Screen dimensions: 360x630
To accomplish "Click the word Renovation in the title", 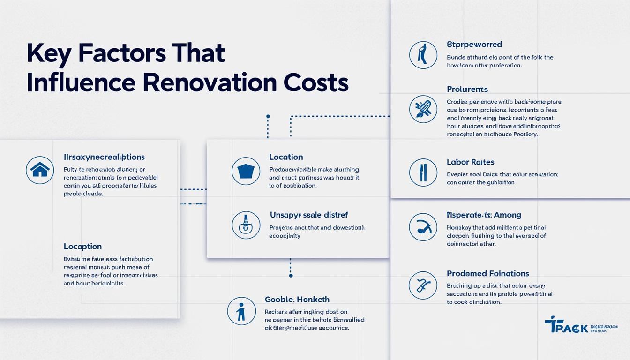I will click(x=209, y=83).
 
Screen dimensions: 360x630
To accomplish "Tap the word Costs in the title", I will click(x=316, y=83).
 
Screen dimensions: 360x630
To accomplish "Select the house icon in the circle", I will click(x=40, y=170).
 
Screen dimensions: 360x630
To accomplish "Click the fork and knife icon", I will click(x=423, y=172).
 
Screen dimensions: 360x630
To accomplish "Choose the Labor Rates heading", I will click(x=471, y=162).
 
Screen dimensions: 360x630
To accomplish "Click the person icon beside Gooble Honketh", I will click(x=241, y=311).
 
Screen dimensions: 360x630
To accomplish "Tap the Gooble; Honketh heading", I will click(x=297, y=300).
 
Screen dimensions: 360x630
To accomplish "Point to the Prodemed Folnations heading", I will click(x=488, y=274).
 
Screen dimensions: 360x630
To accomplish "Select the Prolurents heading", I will click(x=467, y=90).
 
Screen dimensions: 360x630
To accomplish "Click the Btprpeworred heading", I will click(x=474, y=45).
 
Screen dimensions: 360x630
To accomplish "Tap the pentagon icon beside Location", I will click(x=246, y=171).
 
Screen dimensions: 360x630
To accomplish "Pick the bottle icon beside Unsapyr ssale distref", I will click(x=246, y=225).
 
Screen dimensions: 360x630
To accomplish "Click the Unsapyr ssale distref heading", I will click(x=309, y=215).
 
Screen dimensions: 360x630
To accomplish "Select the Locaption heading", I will click(x=82, y=247).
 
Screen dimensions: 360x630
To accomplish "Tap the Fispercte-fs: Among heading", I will click(x=484, y=215).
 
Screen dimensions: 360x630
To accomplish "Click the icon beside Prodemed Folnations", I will click(x=423, y=285).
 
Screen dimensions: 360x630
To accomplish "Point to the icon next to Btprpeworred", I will click(x=423, y=55).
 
